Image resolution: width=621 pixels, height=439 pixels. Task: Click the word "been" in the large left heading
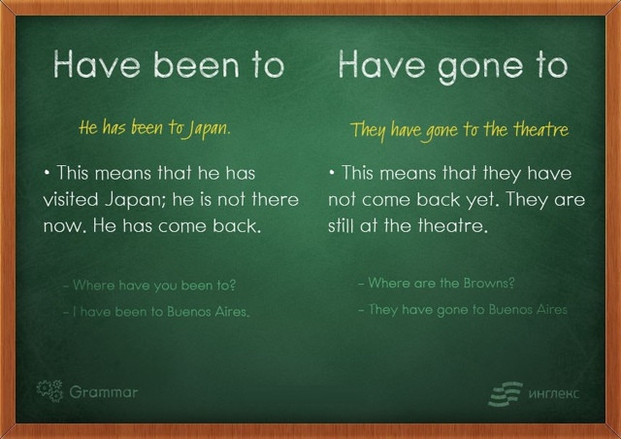(x=196, y=64)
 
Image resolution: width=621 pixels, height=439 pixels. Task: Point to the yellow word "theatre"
(x=541, y=129)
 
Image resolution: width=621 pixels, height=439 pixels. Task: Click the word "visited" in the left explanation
(x=71, y=199)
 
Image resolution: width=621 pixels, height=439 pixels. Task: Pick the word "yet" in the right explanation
(x=483, y=200)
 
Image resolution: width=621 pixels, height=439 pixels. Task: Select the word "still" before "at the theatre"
(x=341, y=225)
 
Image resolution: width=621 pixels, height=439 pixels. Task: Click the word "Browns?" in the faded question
(x=489, y=283)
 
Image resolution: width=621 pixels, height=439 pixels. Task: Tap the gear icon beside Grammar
(x=49, y=390)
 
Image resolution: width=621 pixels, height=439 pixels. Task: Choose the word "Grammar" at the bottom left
(x=104, y=392)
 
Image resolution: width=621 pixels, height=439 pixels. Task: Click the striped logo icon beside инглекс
(x=506, y=393)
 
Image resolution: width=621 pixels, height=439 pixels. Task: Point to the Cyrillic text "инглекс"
(x=554, y=393)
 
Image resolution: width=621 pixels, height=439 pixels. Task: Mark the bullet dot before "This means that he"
(x=48, y=173)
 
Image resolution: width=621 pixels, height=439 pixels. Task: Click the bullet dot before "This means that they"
(x=332, y=173)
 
